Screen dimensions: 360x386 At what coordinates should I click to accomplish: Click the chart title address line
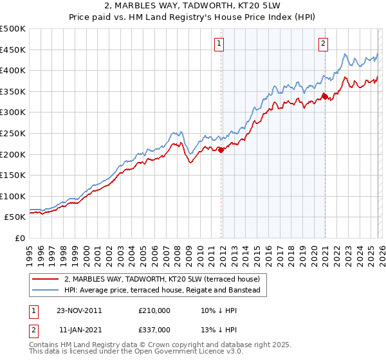pyautogui.click(x=193, y=7)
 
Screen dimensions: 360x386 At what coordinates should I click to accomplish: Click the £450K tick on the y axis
pyautogui.click(x=13, y=50)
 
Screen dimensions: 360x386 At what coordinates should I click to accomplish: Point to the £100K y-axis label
pyautogui.click(x=13, y=196)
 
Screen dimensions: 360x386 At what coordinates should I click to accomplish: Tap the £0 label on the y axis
pyautogui.click(x=21, y=238)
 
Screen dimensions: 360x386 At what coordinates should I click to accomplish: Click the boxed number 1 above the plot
pyautogui.click(x=219, y=44)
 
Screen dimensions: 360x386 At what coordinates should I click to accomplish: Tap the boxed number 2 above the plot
pyautogui.click(x=322, y=44)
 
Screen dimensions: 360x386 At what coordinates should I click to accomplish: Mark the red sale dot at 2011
pyautogui.click(x=221, y=150)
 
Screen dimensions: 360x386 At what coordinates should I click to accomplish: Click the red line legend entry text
pyautogui.click(x=161, y=279)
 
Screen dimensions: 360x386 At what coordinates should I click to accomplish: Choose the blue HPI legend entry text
pyautogui.click(x=161, y=291)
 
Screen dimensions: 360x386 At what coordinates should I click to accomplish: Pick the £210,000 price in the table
pyautogui.click(x=154, y=310)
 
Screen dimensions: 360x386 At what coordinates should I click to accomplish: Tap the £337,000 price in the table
pyautogui.click(x=154, y=329)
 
